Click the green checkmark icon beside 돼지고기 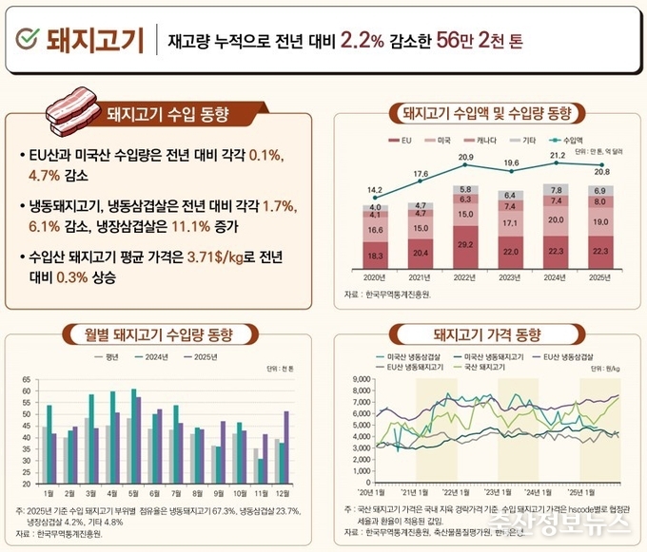[x=28, y=39]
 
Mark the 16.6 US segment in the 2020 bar [x=376, y=229]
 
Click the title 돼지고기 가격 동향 [x=486, y=334]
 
